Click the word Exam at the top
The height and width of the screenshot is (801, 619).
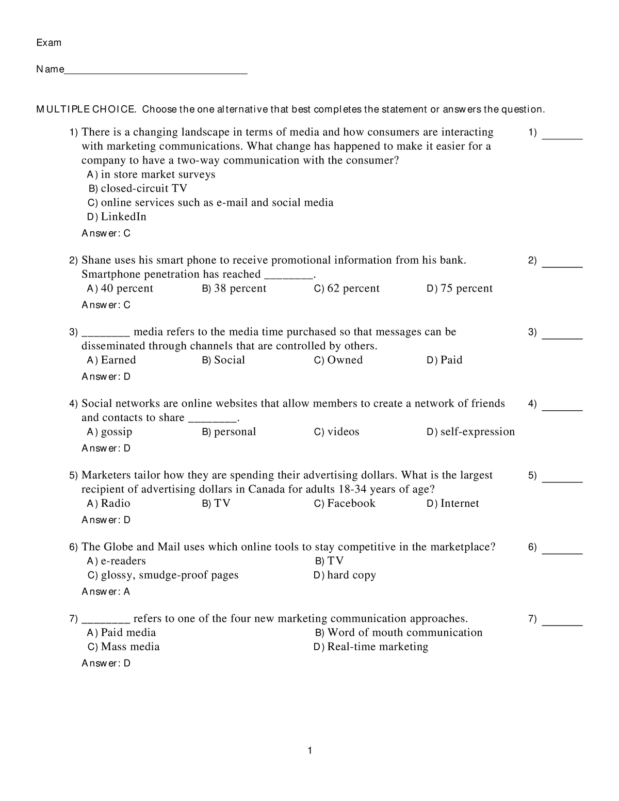48,43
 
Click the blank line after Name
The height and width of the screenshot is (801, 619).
155,71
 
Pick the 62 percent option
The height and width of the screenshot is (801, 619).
347,289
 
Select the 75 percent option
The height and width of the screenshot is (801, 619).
460,289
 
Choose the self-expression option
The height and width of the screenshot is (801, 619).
471,432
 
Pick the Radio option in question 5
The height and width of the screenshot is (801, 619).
109,504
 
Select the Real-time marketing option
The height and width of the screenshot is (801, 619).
371,647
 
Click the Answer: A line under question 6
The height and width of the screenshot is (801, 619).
106,592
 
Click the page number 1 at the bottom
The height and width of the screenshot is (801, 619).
309,751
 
